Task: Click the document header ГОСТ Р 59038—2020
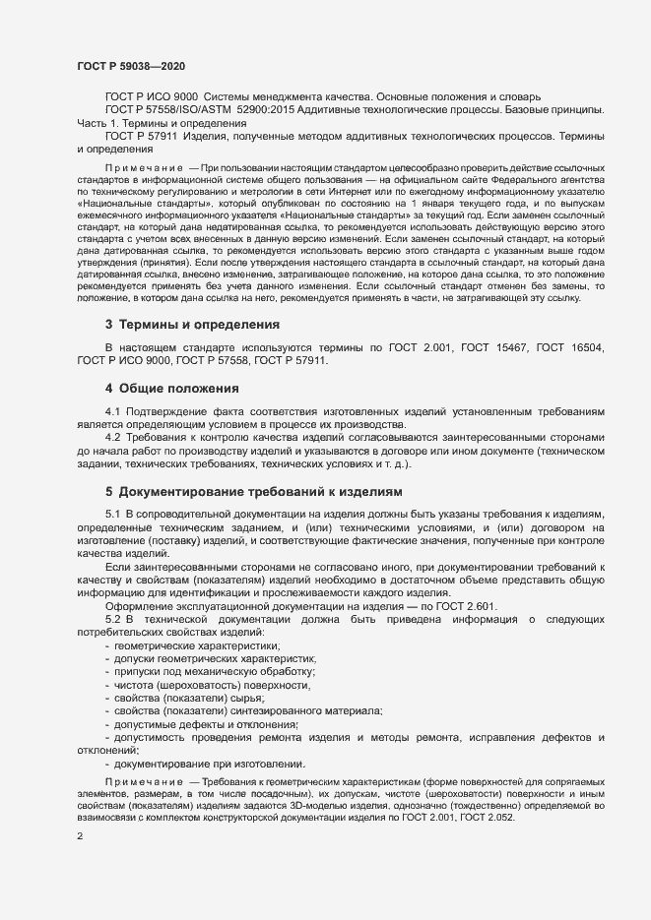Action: (131, 66)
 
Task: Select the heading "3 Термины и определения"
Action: (192, 351)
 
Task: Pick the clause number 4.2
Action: (112, 462)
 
